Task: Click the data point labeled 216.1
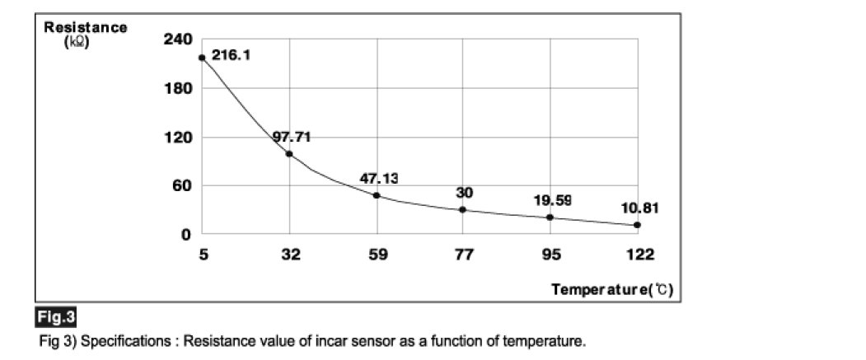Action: click(x=202, y=58)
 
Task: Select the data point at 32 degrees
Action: click(x=289, y=154)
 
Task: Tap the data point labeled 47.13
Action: click(x=377, y=195)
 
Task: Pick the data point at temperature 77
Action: click(x=463, y=209)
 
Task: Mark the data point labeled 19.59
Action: click(x=550, y=217)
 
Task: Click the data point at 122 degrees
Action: click(x=637, y=225)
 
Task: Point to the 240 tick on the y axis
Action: click(x=180, y=40)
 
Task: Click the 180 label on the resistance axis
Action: click(x=180, y=88)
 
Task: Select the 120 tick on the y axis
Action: click(x=180, y=137)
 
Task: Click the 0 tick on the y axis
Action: click(x=187, y=234)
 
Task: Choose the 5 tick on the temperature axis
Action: click(x=203, y=255)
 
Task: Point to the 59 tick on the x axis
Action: click(x=377, y=255)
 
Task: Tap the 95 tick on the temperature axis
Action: click(x=550, y=255)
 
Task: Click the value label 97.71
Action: click(x=292, y=138)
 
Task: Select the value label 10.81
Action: click(x=640, y=208)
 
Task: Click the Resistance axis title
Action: click(x=86, y=28)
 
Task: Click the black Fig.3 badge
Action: click(x=56, y=317)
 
